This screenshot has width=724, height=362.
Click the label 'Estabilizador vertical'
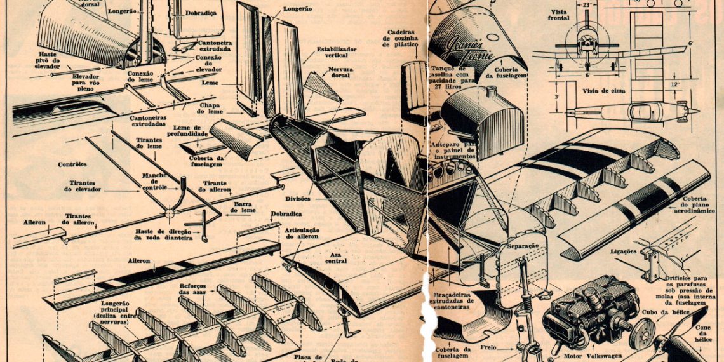(x=336, y=53)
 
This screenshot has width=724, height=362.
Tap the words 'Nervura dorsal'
(x=341, y=73)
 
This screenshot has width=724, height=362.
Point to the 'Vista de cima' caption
(x=603, y=91)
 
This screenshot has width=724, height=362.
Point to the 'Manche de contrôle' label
(x=154, y=182)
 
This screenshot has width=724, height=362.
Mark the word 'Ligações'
(x=623, y=251)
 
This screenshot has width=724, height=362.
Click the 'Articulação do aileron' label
(x=302, y=233)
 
